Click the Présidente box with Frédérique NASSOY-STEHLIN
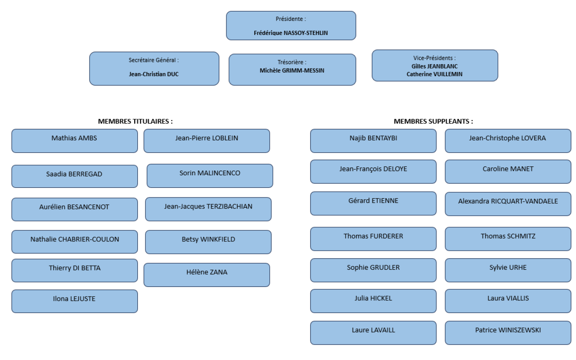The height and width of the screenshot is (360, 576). point(291,26)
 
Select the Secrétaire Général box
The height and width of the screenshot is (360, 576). point(154,68)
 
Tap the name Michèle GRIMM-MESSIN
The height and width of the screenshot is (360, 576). point(292,70)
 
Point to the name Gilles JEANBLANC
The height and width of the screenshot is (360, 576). point(434,66)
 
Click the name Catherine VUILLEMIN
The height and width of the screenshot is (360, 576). point(434,74)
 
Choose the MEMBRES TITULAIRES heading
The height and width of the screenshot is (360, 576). point(135,121)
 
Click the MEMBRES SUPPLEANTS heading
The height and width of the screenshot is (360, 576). point(433,121)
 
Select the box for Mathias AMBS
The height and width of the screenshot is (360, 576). point(74,141)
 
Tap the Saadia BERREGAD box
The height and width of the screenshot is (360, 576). point(74,176)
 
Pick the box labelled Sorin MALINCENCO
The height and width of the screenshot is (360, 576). point(210,175)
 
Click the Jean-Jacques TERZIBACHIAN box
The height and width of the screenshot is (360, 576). point(208,209)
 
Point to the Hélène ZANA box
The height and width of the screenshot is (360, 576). point(206,275)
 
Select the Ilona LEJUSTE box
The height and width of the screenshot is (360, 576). point(74,301)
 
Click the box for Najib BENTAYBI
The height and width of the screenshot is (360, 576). point(373,141)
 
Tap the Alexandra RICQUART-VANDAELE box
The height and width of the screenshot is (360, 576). point(508,204)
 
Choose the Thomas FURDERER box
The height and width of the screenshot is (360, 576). point(373,239)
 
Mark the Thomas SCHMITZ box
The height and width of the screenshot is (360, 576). point(508,239)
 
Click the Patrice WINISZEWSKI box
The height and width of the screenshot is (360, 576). point(508,333)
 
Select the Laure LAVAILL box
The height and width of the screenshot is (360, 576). point(373,333)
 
